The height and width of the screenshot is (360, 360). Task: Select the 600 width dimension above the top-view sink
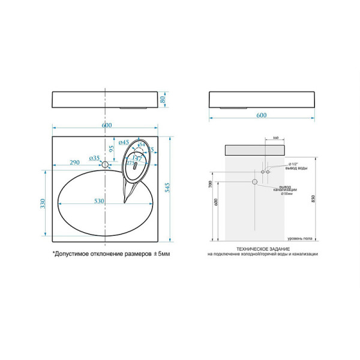106,125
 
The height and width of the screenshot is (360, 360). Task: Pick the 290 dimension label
75,163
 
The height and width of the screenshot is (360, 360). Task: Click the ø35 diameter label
95,158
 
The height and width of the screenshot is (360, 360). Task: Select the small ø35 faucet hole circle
106,164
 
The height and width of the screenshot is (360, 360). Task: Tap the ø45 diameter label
124,143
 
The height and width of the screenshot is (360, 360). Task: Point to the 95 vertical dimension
112,148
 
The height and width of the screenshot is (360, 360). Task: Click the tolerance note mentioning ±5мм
112,254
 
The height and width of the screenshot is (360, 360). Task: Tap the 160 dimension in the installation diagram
275,138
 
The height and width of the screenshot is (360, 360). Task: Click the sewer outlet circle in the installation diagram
254,181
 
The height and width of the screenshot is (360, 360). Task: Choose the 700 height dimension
211,184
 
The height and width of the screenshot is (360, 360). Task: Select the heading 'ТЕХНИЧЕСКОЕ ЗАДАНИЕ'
263,248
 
